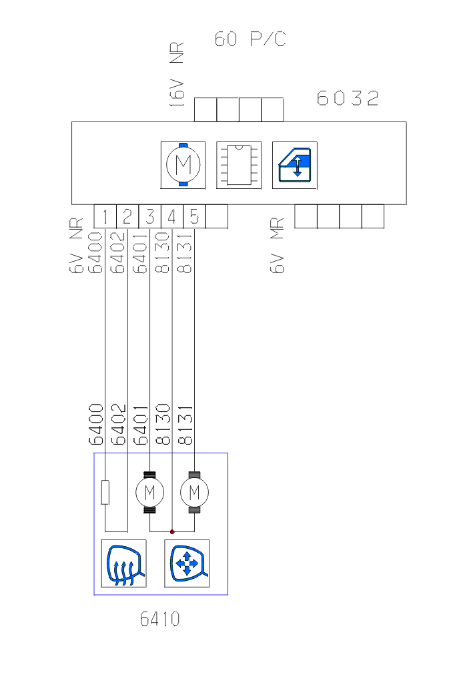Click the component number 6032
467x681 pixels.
tap(348, 99)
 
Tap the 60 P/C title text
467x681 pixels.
tap(250, 39)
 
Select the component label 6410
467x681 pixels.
tap(160, 620)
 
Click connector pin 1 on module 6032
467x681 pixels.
tap(105, 216)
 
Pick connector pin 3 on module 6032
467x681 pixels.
tap(150, 216)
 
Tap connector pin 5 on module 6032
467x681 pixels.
tap(194, 216)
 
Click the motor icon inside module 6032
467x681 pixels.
tap(183, 164)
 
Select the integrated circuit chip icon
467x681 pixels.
tap(239, 164)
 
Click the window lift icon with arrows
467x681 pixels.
tap(295, 164)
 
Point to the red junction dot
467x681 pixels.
tap(172, 531)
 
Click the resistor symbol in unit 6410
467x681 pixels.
tap(105, 493)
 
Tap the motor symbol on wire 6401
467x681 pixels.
tap(149, 493)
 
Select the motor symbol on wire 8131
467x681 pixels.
tap(194, 493)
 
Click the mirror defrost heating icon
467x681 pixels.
tap(123, 563)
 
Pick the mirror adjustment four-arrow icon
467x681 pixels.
tap(187, 563)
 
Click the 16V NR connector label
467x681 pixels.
tap(177, 73)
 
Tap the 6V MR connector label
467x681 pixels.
tap(278, 246)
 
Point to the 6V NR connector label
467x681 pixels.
tap(77, 246)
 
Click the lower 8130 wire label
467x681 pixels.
tap(164, 425)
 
